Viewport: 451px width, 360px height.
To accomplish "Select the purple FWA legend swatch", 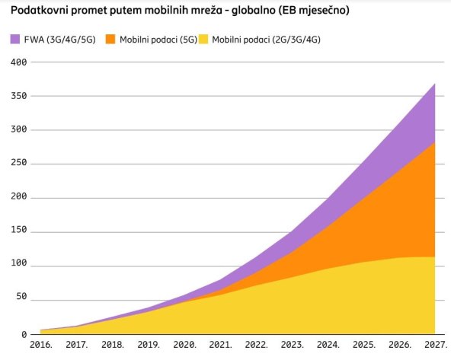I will point(16,38).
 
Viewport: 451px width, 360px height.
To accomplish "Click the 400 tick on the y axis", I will point(18,62).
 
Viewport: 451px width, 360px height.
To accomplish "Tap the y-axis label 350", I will point(18,97).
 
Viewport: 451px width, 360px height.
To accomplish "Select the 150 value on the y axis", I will point(18,232).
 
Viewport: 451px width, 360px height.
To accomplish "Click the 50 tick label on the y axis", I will point(21,300).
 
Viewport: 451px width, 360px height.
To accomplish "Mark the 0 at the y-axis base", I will point(24,334).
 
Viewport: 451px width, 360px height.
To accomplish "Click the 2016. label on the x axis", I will point(41,345).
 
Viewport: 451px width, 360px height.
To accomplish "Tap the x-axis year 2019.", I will point(149,345).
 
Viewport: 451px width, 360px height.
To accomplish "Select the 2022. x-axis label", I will point(256,345).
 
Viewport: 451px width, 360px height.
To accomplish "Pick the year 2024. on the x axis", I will point(328,345).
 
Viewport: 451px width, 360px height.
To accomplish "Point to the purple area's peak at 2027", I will point(434,84).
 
